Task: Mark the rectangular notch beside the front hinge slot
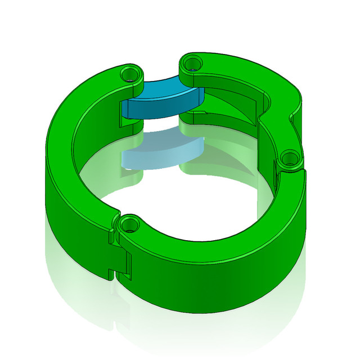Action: [x=128, y=264]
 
